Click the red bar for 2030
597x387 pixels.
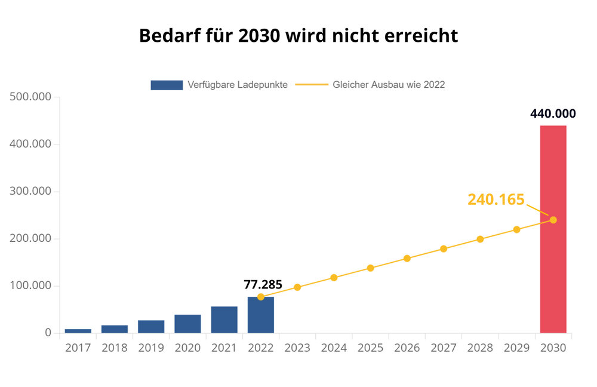[x=553, y=229]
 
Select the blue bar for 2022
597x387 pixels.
[x=260, y=315]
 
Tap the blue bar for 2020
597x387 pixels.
[x=187, y=324]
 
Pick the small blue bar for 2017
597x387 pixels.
[x=78, y=331]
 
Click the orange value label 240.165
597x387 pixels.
[x=496, y=199]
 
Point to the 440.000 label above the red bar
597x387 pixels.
[x=553, y=114]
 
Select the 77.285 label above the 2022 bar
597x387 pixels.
[x=263, y=284]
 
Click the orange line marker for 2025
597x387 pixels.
[x=370, y=268]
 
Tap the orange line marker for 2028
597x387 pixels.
[x=480, y=239]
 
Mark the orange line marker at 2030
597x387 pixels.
[x=553, y=220]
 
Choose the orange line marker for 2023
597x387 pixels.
[x=297, y=287]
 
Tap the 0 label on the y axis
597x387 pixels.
[x=48, y=333]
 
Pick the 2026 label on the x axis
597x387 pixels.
[x=407, y=348]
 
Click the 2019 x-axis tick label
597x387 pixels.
[x=151, y=348]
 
